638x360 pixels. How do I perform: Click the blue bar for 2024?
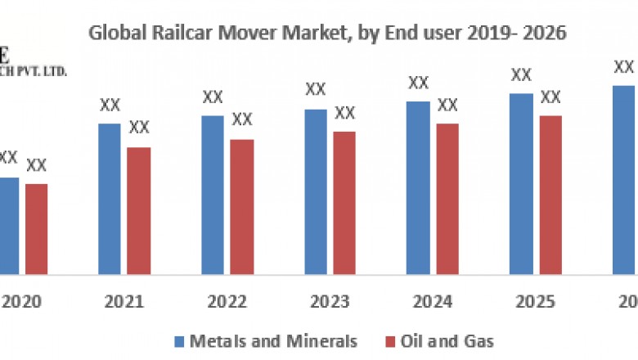pos(418,187)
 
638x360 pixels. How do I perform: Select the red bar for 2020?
pos(36,228)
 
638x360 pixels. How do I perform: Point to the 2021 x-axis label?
pos(124,303)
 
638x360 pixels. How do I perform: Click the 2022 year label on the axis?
pos(227,303)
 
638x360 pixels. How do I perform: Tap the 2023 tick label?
pos(330,303)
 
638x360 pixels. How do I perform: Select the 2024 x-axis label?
pos(433,303)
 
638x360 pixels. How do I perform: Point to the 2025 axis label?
pos(535,303)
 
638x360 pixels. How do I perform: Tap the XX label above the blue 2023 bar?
pos(316,89)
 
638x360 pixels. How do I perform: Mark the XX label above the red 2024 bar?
pos(447,105)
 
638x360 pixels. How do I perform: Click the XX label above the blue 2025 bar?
pos(521,74)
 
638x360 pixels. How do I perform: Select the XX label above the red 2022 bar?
pos(241,119)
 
